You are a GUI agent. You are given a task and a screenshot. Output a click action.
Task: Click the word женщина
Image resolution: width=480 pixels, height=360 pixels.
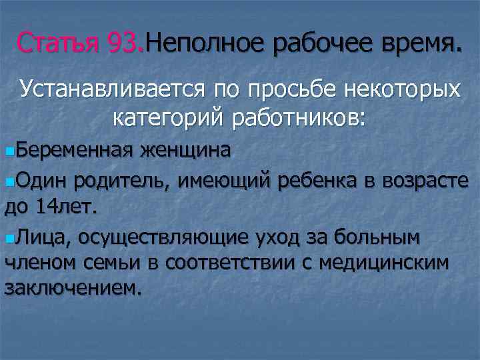pos(186,151)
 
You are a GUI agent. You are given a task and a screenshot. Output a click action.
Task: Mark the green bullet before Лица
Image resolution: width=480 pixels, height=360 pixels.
pos(9,238)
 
